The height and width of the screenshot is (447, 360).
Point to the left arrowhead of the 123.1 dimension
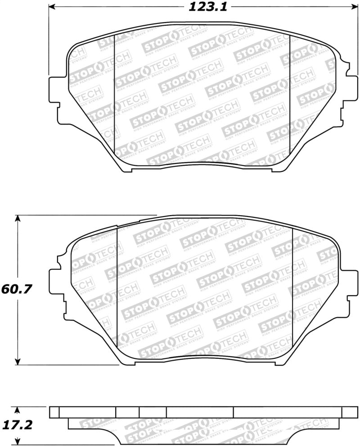point(52,7)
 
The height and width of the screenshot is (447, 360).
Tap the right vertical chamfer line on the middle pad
point(292,288)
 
